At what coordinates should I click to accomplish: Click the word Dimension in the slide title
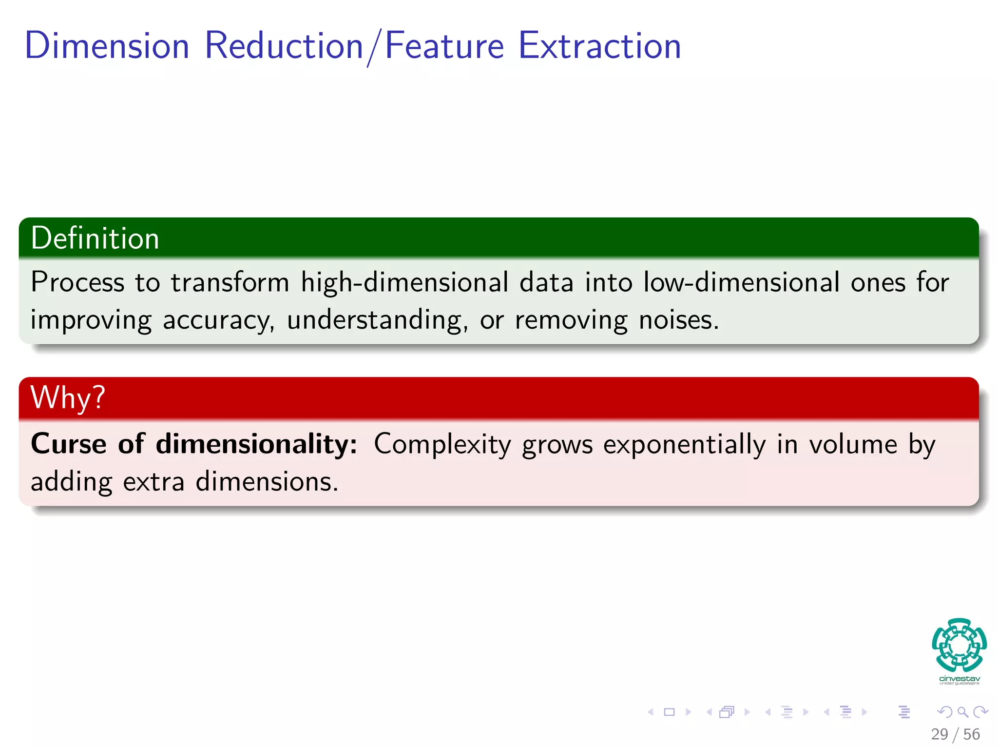(107, 46)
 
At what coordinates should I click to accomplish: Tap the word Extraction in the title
(599, 46)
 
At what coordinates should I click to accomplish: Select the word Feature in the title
(444, 46)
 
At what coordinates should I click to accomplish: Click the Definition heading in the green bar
(95, 238)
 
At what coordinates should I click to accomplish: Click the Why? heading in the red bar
(68, 397)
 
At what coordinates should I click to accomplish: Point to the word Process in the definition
(77, 282)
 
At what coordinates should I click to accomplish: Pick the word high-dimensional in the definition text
(404, 282)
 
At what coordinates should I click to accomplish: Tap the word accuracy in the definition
(218, 321)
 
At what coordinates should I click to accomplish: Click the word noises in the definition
(678, 320)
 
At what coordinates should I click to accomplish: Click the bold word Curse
(69, 444)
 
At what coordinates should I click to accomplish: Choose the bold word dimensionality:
(256, 444)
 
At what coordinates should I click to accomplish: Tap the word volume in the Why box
(853, 444)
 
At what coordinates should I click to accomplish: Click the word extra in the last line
(154, 482)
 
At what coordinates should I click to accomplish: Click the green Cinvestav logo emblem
(959, 645)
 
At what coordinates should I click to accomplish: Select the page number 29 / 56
(955, 734)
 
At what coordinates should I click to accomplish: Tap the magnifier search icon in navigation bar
(962, 712)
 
